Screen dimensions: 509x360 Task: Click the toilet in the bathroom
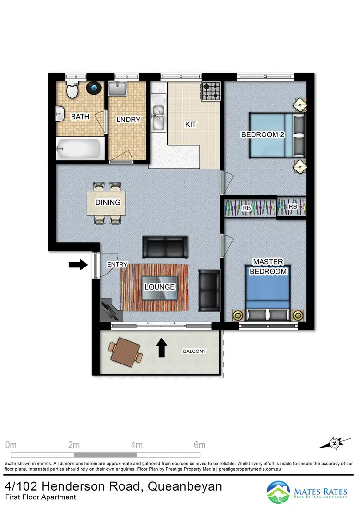click(72, 90)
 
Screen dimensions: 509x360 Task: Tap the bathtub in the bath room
click(79, 149)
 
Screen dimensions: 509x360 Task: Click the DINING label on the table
click(108, 202)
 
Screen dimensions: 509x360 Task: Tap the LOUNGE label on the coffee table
click(159, 287)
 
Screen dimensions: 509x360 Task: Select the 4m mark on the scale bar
click(137, 444)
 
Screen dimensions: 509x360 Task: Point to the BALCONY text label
click(194, 351)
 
